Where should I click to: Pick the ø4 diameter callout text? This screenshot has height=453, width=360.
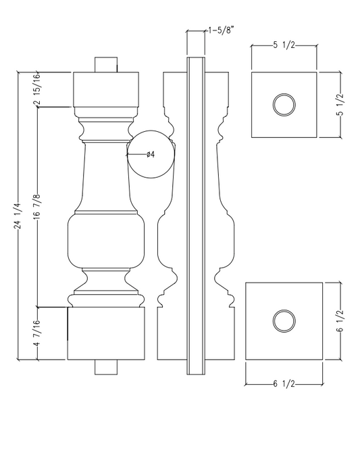pyautogui.click(x=151, y=155)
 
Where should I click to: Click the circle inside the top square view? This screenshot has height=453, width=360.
pyautogui.click(x=284, y=105)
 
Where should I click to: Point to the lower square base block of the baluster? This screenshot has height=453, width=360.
pyautogui.click(x=106, y=335)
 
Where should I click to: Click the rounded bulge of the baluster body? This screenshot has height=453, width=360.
pyautogui.click(x=106, y=241)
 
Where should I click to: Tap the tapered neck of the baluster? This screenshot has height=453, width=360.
pyautogui.click(x=106, y=179)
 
